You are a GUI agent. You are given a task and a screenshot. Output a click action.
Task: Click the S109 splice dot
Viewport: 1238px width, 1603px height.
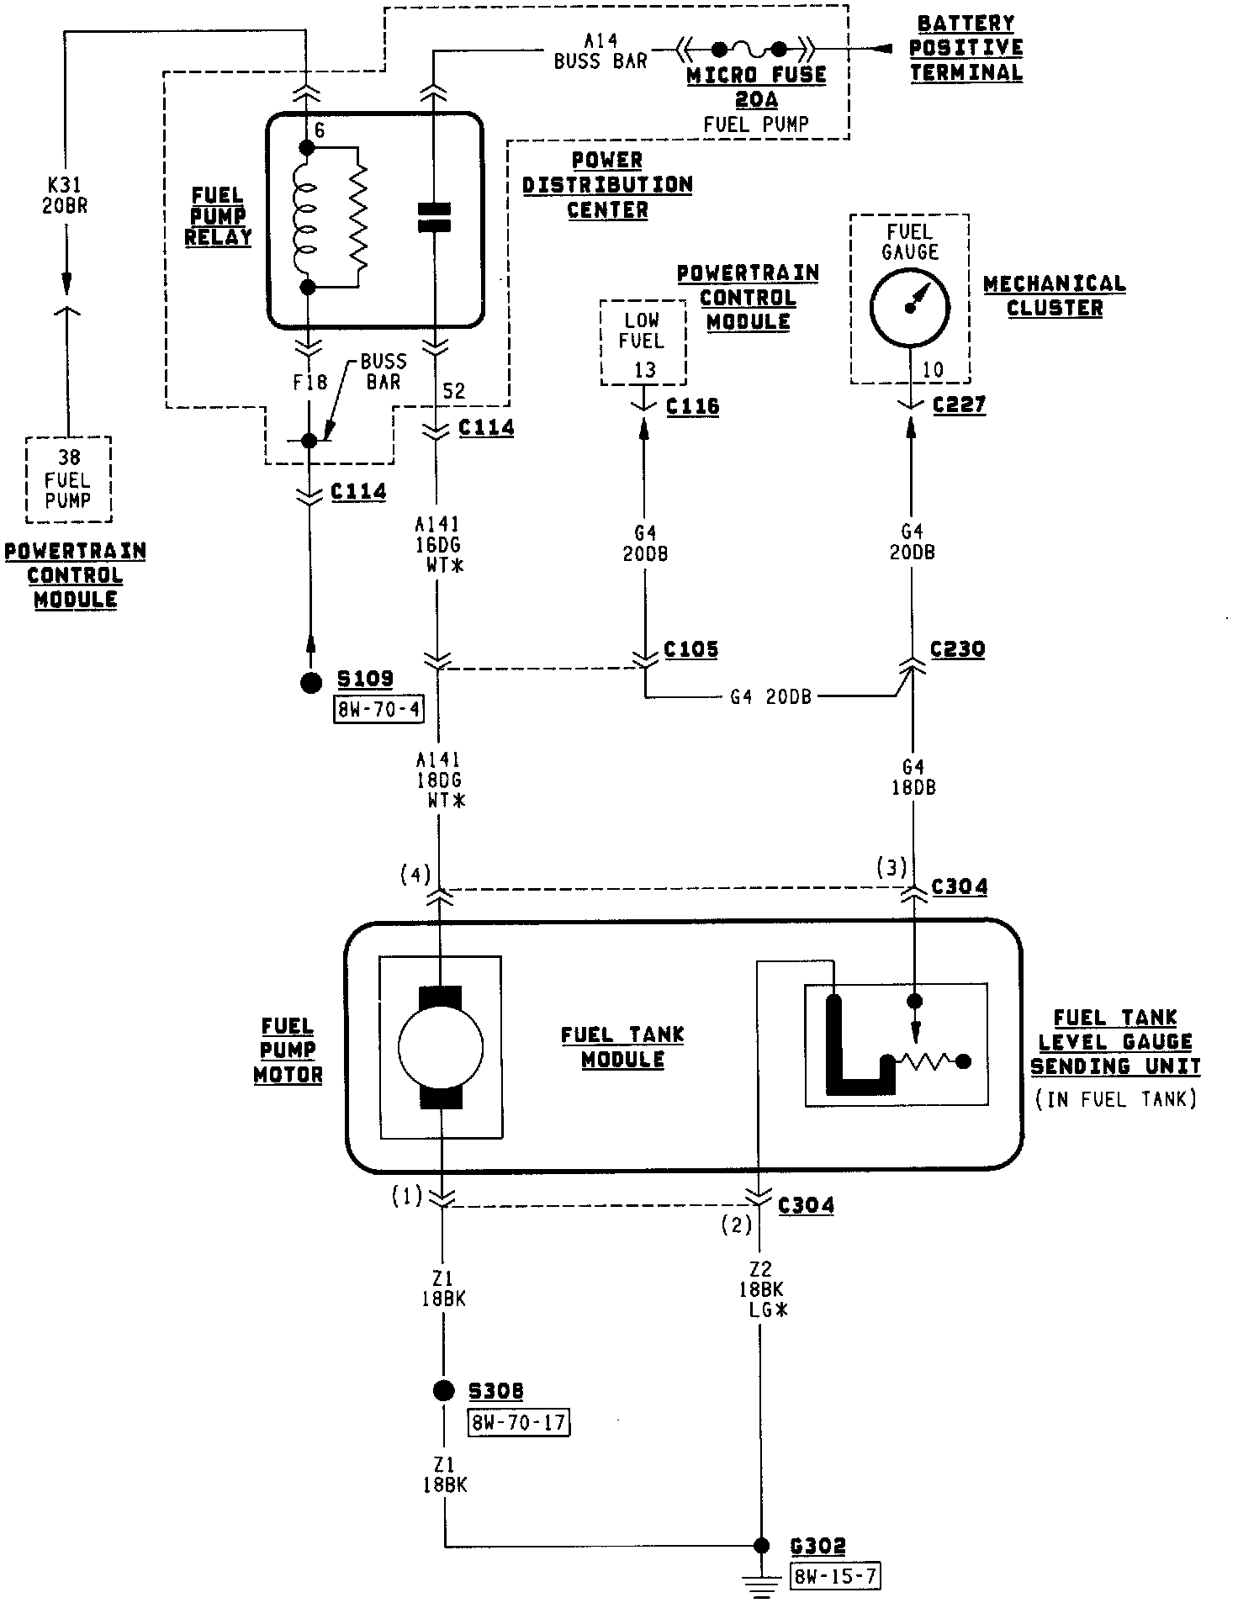click(311, 682)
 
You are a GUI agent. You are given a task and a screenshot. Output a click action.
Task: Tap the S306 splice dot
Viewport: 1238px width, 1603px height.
click(443, 1390)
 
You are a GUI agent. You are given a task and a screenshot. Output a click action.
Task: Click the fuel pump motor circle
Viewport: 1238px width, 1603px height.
click(441, 1048)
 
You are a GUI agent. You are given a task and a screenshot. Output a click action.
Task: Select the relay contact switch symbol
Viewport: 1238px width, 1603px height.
click(435, 217)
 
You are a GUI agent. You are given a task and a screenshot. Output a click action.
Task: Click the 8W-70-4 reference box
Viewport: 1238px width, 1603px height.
click(379, 710)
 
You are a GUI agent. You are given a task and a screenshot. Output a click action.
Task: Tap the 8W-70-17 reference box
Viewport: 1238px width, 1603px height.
click(518, 1422)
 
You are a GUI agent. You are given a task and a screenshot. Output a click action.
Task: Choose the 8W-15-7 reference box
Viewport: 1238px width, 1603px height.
click(835, 1576)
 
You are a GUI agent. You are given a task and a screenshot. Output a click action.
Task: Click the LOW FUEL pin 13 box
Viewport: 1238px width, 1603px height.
click(643, 343)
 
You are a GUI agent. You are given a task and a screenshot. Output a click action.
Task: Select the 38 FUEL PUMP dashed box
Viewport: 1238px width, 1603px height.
click(69, 479)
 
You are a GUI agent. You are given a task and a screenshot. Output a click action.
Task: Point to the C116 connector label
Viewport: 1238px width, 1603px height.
click(692, 407)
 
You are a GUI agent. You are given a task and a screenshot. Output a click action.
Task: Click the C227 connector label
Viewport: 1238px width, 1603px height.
click(959, 405)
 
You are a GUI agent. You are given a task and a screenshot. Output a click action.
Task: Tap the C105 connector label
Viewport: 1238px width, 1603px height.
click(690, 650)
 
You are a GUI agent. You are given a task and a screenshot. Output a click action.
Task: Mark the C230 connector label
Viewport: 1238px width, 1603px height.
click(957, 650)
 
